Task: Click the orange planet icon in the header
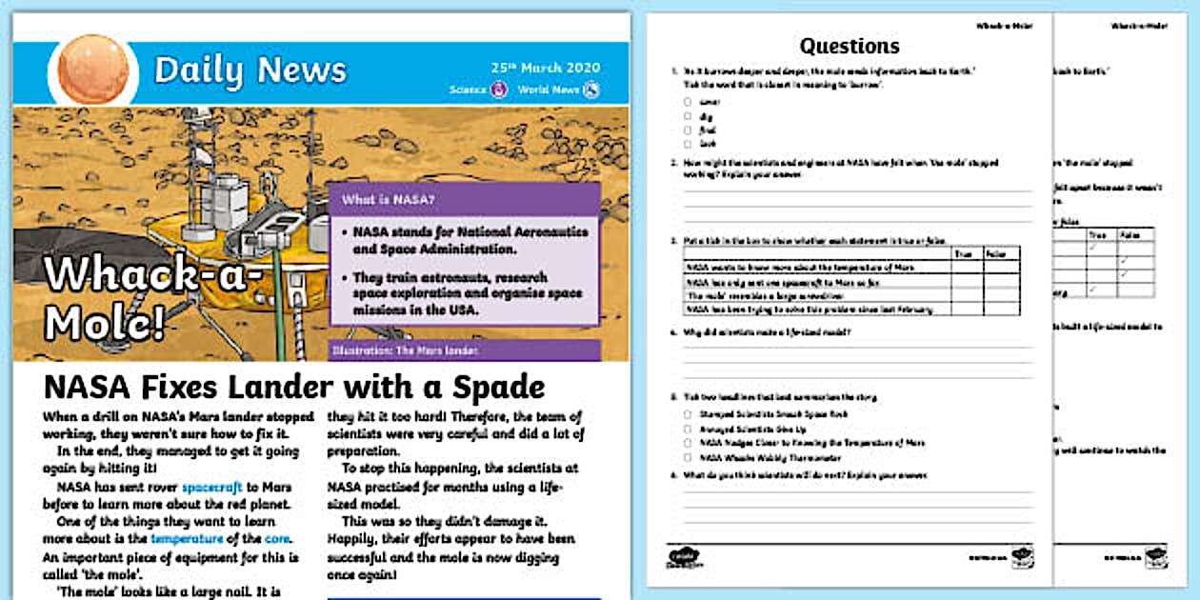coord(93,70)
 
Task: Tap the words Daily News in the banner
coord(250,70)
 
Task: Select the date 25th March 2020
coord(546,69)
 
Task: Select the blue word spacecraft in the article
coord(213,486)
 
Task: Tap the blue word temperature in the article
coord(188,538)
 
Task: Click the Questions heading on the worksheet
coord(850,46)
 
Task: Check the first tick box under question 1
coord(686,101)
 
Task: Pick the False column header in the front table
coord(996,254)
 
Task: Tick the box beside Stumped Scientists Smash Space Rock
coord(688,414)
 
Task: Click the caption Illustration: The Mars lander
coord(404,350)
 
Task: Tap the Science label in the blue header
coord(468,90)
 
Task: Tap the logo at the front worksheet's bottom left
coord(679,554)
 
